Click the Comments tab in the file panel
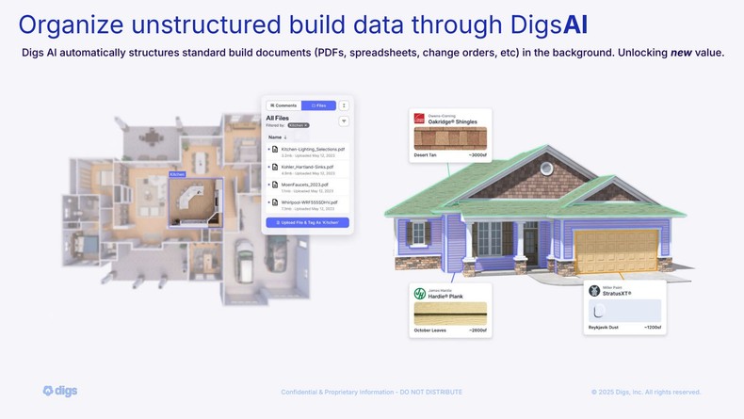coord(283,105)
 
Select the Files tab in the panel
coord(318,105)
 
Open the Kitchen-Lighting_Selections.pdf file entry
coord(313,149)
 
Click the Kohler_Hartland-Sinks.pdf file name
coord(307,167)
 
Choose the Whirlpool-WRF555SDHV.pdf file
coord(309,201)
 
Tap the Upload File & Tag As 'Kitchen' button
coord(307,223)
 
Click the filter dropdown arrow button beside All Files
coord(344,121)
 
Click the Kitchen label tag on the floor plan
coord(177,174)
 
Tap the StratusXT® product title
coord(616,293)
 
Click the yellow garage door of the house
coord(609,250)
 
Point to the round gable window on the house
coord(546,169)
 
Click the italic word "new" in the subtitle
coord(681,53)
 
